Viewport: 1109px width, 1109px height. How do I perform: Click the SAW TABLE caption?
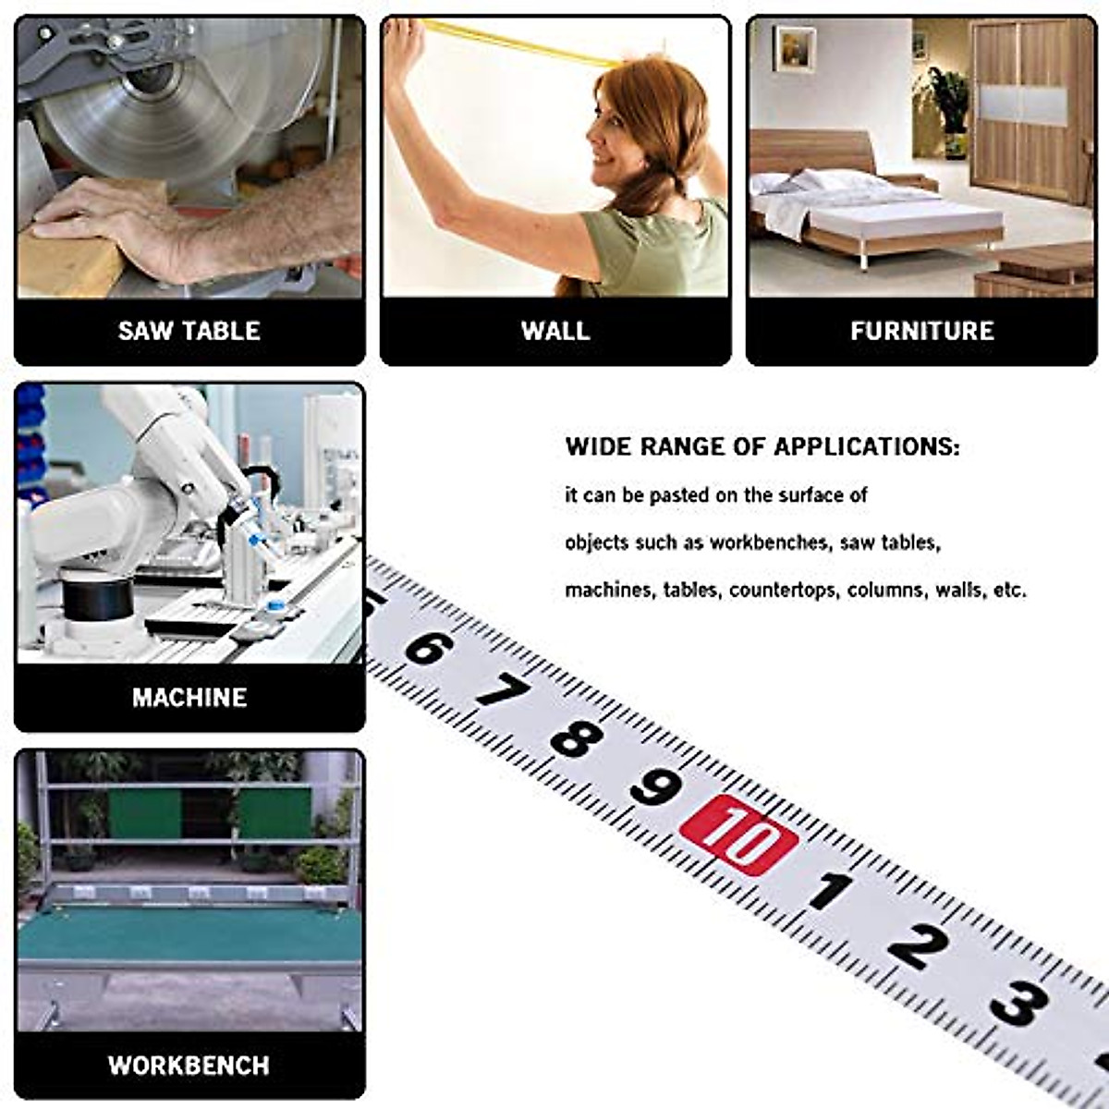[189, 331]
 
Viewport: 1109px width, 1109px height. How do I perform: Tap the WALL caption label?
[554, 331]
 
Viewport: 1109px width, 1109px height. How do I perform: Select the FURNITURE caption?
[921, 331]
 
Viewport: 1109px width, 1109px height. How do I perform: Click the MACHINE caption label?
[189, 697]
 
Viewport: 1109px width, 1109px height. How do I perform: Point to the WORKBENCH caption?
[189, 1065]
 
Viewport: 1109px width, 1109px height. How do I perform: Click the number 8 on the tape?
[577, 738]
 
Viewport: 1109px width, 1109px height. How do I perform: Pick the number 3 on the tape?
[1018, 1004]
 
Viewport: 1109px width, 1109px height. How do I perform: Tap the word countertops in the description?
[783, 590]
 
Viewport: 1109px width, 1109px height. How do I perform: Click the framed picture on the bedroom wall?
[794, 48]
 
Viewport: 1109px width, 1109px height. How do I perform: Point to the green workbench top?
[189, 933]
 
